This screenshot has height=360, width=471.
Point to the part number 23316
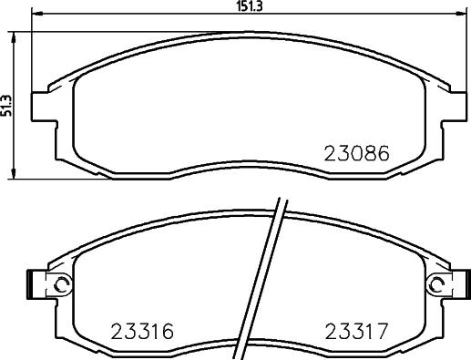tap(142, 330)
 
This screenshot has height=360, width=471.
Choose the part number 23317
tap(357, 330)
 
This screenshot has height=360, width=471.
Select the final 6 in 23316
tap(169, 330)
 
